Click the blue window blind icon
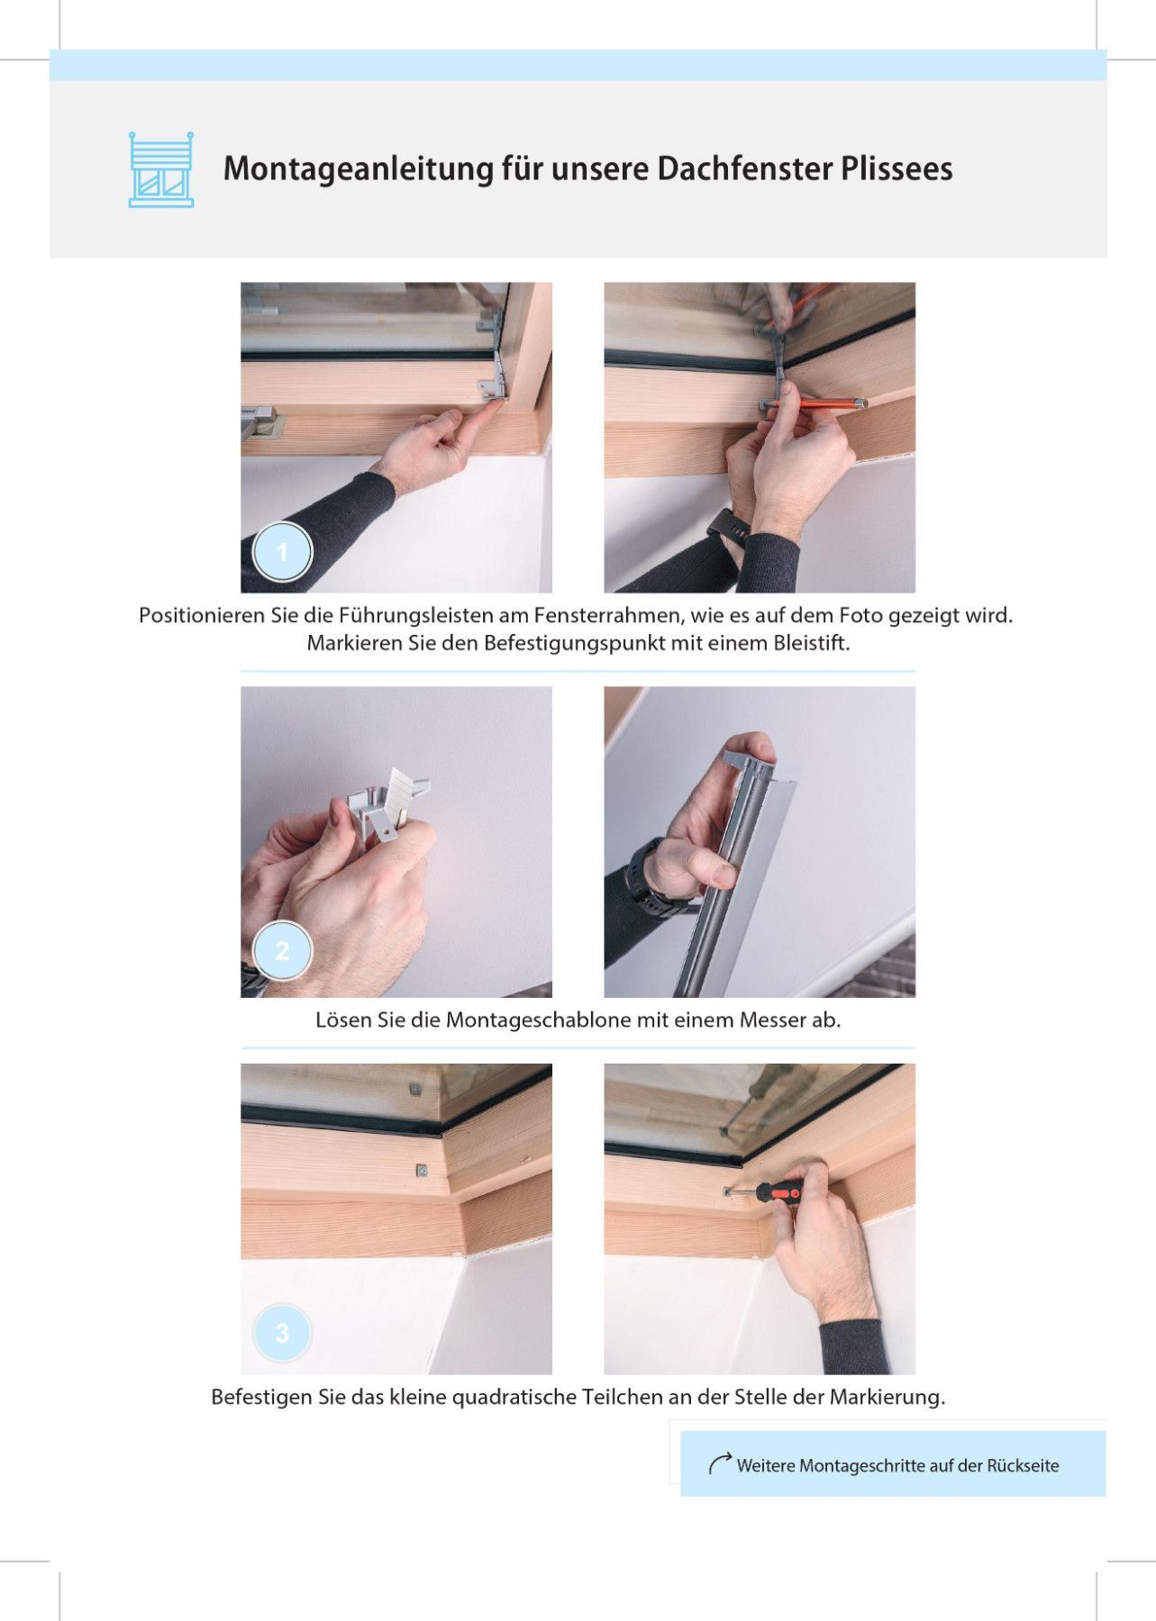(x=161, y=169)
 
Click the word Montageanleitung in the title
(x=358, y=169)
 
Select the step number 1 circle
(x=282, y=551)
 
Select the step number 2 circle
(x=282, y=950)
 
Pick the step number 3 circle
(x=282, y=1332)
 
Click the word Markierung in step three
(x=887, y=1398)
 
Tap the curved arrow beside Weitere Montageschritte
(x=719, y=1463)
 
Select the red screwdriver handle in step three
(x=778, y=1192)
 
